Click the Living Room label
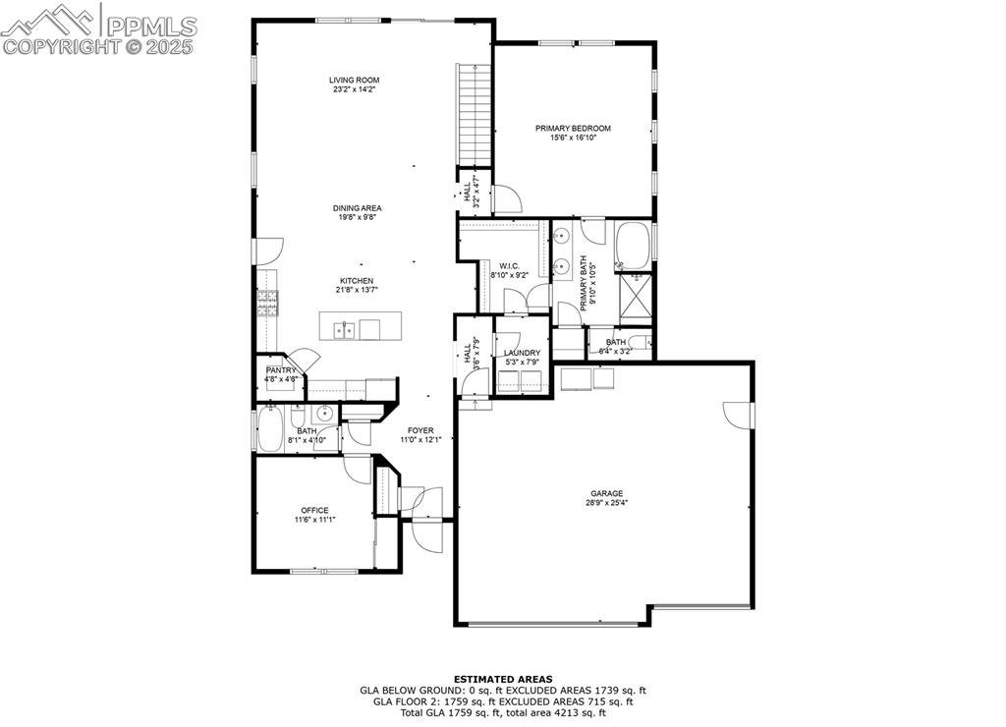[354, 81]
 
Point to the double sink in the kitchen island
[344, 329]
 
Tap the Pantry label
[280, 370]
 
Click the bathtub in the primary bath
[633, 246]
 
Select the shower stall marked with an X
[636, 293]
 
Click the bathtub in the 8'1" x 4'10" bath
[269, 428]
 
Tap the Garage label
[606, 494]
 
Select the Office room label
[314, 510]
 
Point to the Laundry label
[522, 353]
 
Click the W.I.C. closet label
[509, 265]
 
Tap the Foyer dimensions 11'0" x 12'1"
[420, 439]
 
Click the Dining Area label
[357, 208]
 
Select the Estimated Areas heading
[502, 679]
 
